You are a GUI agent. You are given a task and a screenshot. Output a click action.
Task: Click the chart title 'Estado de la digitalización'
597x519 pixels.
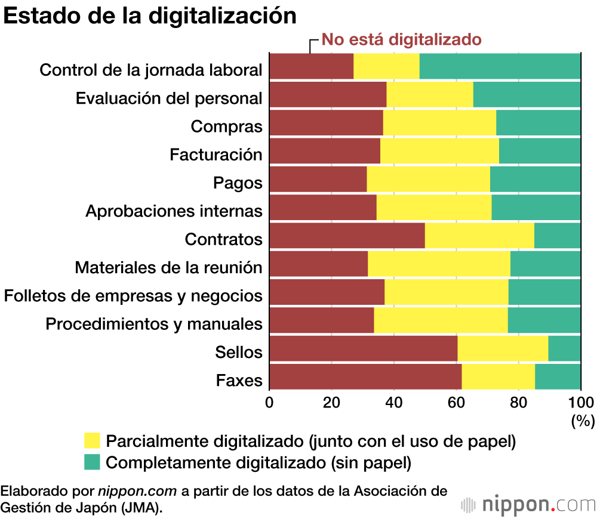pyautogui.click(x=150, y=16)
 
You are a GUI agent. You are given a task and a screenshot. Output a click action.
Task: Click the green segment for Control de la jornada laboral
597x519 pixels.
pyautogui.click(x=500, y=66)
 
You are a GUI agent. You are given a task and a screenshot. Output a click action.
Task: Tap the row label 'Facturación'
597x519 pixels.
pyautogui.click(x=216, y=155)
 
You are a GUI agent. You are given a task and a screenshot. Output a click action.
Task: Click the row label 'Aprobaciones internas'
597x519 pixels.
pyautogui.click(x=174, y=211)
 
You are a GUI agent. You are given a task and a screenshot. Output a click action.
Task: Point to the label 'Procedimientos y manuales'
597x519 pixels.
pyautogui.click(x=154, y=324)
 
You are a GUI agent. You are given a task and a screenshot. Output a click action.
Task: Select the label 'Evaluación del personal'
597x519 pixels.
pyautogui.click(x=169, y=98)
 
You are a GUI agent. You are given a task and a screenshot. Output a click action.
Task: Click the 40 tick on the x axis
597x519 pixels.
pyautogui.click(x=394, y=402)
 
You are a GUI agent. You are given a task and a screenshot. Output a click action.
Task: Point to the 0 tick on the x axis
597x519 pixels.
pyautogui.click(x=270, y=402)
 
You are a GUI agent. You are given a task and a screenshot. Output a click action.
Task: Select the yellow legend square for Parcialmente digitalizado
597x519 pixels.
pyautogui.click(x=92, y=441)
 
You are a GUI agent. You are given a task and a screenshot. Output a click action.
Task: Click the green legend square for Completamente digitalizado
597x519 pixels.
pyautogui.click(x=92, y=462)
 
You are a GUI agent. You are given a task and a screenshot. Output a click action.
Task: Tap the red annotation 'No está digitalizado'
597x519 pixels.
pyautogui.click(x=401, y=40)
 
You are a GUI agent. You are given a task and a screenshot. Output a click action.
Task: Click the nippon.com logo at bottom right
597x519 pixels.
pyautogui.click(x=529, y=504)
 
